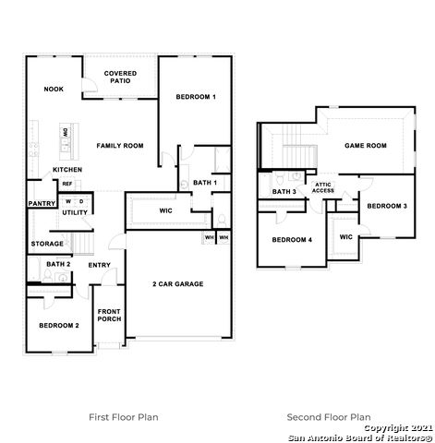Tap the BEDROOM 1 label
pyautogui.click(x=196, y=97)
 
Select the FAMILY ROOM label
pyautogui.click(x=120, y=146)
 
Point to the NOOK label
pyautogui.click(x=52, y=89)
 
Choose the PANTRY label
pyautogui.click(x=42, y=203)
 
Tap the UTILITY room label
pyautogui.click(x=75, y=212)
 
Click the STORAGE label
pyautogui.click(x=47, y=244)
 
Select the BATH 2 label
pyautogui.click(x=58, y=265)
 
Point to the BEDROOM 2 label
pyautogui.click(x=58, y=326)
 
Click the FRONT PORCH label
pyautogui.click(x=109, y=315)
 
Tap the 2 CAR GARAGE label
pyautogui.click(x=177, y=283)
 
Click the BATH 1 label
pyautogui.click(x=205, y=183)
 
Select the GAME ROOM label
pyautogui.click(x=366, y=146)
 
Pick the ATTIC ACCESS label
pyautogui.click(x=323, y=187)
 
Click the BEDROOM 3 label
pyautogui.click(x=386, y=205)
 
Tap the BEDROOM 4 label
pyautogui.click(x=292, y=240)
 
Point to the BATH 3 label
pyautogui.click(x=284, y=191)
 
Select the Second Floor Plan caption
pyautogui.click(x=329, y=416)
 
